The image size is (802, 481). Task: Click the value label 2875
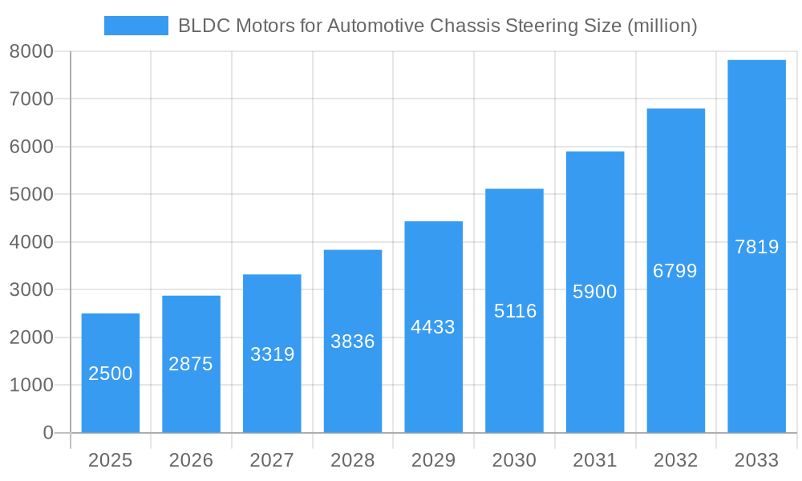tap(191, 364)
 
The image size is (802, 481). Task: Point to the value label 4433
tap(433, 327)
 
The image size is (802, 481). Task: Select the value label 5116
tap(515, 311)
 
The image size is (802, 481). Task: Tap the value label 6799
tap(675, 271)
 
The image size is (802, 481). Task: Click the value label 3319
tap(273, 354)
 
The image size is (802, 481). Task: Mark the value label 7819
tap(756, 247)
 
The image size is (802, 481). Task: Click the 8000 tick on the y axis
tap(31, 51)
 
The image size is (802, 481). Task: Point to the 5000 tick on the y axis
tap(31, 195)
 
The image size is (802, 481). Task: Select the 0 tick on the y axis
tap(47, 433)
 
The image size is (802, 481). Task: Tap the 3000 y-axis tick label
tap(31, 290)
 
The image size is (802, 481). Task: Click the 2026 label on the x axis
tap(191, 460)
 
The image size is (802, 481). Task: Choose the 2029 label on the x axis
tap(433, 460)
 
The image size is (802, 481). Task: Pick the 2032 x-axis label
tap(675, 460)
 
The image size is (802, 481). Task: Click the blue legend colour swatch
tap(136, 26)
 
